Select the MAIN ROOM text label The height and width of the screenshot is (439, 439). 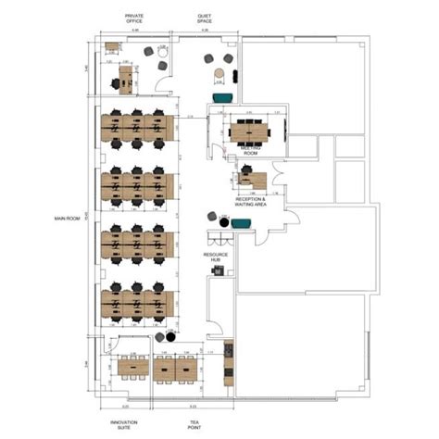tap(69, 219)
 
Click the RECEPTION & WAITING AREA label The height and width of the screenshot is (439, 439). tap(250, 201)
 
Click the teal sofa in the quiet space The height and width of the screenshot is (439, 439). tap(222, 97)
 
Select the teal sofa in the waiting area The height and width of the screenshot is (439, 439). tap(241, 222)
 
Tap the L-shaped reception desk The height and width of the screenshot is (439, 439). tap(252, 179)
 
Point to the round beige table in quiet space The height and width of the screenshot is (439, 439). tap(219, 73)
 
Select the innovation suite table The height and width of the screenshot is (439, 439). tap(132, 366)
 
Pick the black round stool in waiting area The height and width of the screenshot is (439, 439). tap(212, 216)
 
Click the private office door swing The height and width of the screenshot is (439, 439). tap(163, 84)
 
